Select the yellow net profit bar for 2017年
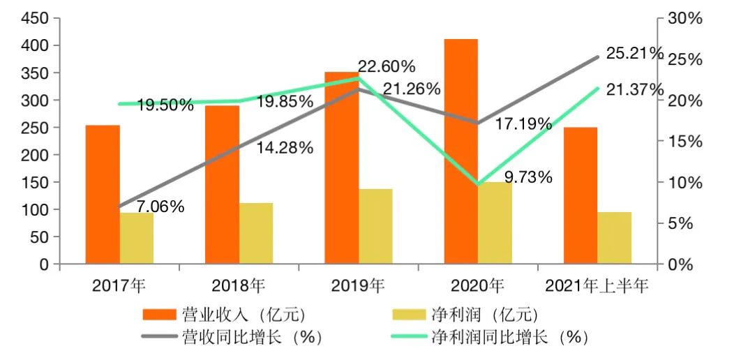(x=137, y=239)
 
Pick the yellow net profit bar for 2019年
(x=375, y=227)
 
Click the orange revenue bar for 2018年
(x=222, y=185)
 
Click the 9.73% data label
(x=528, y=177)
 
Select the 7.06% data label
(x=160, y=207)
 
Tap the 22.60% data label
(x=387, y=67)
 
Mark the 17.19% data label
(x=523, y=125)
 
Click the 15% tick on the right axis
(x=683, y=142)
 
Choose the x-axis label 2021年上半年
(x=597, y=285)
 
